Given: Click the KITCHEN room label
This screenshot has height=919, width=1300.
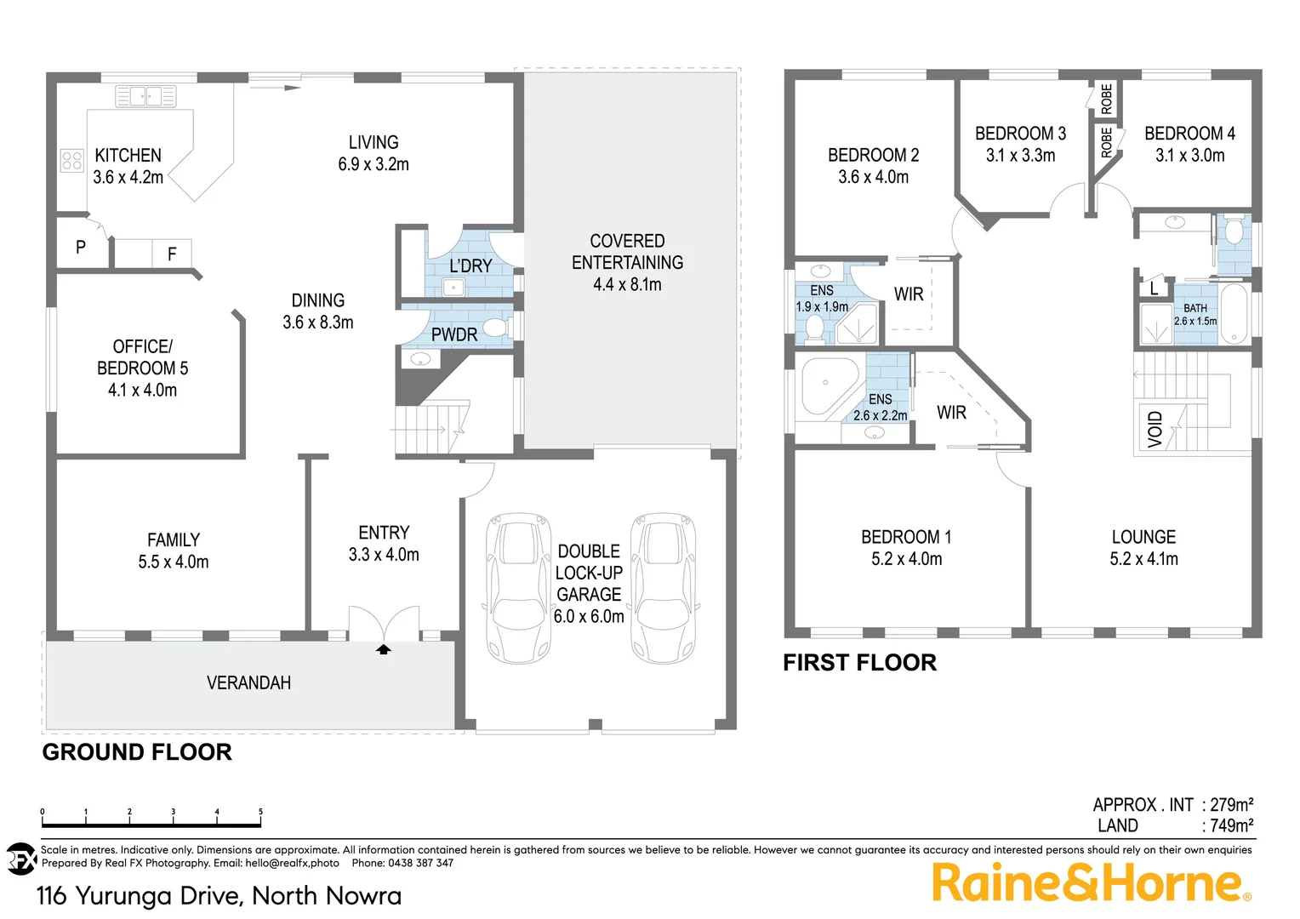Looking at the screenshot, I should pos(128,156).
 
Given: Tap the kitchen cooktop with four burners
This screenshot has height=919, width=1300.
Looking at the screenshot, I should pos(72,160).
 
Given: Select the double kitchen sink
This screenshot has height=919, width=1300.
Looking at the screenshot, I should pos(145,95).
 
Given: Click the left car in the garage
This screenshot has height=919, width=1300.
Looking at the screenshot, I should pos(518,588).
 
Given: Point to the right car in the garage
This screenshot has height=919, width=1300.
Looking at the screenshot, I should pos(664,588).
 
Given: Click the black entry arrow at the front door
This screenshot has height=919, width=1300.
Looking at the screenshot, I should pos(384,649).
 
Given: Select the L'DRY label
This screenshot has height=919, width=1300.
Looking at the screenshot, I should pos(470,266).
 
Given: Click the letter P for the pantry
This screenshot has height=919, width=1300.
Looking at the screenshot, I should pos(81,248).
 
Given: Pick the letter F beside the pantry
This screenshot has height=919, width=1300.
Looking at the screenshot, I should pos(172,254).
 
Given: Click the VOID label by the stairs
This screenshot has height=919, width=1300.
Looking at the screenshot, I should pos(1155,429).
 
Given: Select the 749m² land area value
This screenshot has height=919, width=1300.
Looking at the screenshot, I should pos(1231,825).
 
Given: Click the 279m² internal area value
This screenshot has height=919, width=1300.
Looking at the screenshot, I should pos(1231,804).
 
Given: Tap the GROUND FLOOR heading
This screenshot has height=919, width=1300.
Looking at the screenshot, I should pos(137,752).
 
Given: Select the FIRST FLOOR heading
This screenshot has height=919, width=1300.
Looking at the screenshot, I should pos(859,663).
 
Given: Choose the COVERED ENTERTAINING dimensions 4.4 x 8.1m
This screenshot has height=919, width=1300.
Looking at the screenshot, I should pos(627,285).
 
